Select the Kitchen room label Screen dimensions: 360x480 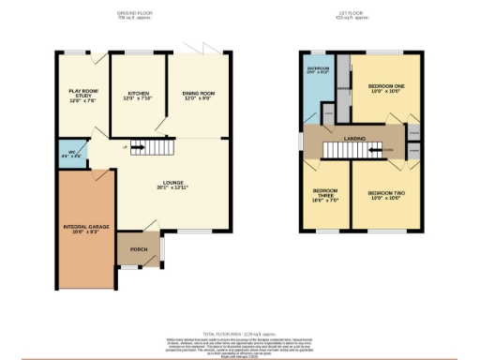tap(138, 95)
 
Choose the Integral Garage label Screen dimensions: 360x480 tap(82, 228)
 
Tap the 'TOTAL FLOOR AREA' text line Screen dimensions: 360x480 tap(239, 333)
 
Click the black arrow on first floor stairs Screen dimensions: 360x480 tap(374, 149)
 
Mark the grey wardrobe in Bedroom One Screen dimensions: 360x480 tap(343, 88)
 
